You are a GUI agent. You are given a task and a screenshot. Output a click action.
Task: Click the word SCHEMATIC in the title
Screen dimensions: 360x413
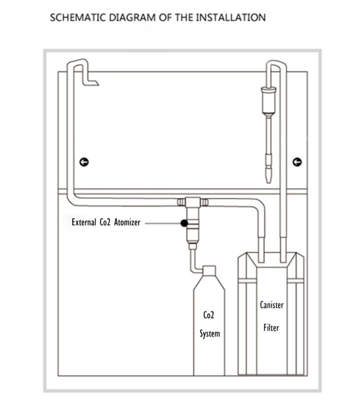78,17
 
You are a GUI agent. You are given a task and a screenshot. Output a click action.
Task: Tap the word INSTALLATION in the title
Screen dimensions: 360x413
231,17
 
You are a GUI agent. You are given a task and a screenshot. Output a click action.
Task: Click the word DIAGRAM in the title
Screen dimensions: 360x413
132,17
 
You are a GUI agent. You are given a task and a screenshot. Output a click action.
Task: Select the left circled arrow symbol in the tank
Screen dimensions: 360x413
84,162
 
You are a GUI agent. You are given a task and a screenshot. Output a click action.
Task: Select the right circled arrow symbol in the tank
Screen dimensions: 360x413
297,162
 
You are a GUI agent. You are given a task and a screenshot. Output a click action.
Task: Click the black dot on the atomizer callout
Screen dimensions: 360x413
184,223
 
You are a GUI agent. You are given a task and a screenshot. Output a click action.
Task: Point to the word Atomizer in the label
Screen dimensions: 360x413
127,222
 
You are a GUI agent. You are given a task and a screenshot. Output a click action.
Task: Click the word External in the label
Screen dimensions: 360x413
84,222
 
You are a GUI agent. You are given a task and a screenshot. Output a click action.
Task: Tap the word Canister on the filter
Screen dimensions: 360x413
272,305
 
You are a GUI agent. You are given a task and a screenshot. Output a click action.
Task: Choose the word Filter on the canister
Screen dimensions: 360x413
272,328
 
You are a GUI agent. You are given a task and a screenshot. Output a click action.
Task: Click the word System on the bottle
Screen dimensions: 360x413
210,334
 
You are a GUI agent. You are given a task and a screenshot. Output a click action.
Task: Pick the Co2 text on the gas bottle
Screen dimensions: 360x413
209,315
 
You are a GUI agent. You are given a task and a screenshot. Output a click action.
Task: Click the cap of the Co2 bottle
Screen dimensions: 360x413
209,271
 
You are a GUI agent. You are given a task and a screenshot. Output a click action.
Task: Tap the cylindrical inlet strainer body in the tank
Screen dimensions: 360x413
269,100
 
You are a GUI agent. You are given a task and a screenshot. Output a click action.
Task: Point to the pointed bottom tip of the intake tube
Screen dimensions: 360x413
268,182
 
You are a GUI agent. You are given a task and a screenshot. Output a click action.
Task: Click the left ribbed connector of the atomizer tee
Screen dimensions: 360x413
181,202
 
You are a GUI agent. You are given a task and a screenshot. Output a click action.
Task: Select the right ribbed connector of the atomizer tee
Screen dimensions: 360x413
205,202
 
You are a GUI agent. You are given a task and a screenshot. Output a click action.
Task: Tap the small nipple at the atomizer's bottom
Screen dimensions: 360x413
192,246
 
